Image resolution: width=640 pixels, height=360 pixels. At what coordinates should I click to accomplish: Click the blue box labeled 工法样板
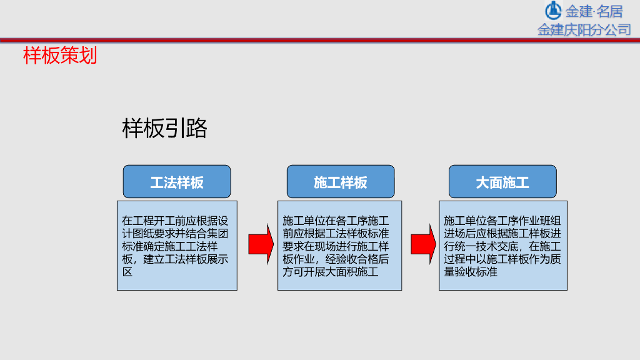[x=177, y=182]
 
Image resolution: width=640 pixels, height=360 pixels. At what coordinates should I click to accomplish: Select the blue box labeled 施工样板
[x=341, y=182]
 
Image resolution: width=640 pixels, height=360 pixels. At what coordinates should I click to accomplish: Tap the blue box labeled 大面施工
[x=502, y=182]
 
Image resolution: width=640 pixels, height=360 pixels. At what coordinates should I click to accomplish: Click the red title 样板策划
[x=60, y=56]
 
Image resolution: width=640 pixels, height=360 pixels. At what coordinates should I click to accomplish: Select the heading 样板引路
[x=164, y=128]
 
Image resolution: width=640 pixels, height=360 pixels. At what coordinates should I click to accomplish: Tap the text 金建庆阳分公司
[x=584, y=29]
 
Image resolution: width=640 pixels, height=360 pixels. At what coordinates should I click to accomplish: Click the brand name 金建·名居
[x=594, y=11]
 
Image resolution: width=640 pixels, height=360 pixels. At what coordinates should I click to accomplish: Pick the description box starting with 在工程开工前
[x=177, y=245]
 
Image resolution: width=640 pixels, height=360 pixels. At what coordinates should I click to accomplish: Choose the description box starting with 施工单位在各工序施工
[x=340, y=245]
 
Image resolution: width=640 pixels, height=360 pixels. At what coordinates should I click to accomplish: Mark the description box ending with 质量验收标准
[x=503, y=245]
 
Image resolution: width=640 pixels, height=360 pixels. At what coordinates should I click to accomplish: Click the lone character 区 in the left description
[x=127, y=272]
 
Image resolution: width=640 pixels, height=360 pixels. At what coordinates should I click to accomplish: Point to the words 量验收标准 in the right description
[x=471, y=272]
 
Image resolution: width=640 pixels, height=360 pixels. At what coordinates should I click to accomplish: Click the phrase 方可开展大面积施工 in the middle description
[x=331, y=272]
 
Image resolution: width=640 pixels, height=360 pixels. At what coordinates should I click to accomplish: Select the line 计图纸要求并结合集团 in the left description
[x=177, y=233]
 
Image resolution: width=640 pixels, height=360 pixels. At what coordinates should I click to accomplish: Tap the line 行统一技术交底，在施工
[x=502, y=246]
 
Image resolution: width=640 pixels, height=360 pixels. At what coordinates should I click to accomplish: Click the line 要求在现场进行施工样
[x=336, y=246]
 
